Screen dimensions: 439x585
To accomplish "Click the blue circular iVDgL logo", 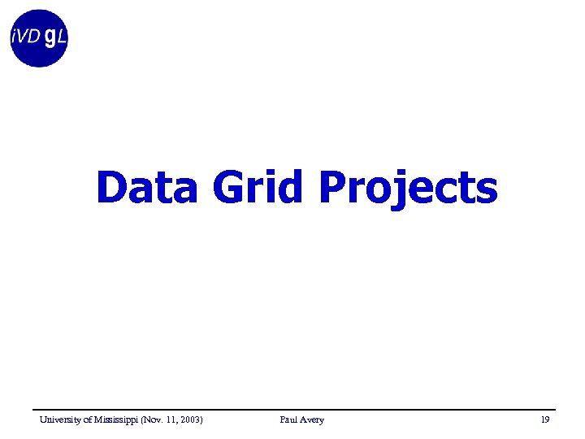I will [x=39, y=38].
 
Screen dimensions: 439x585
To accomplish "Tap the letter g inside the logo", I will [x=50, y=38].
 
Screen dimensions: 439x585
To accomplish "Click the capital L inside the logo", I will [x=61, y=37].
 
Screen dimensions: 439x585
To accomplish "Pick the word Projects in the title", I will [x=408, y=189].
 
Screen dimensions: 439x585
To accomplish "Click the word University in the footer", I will [x=59, y=419].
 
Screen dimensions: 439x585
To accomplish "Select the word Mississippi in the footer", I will [x=116, y=419].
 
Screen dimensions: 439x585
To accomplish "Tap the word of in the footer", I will [x=88, y=419].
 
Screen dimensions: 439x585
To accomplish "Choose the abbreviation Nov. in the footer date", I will [x=154, y=419].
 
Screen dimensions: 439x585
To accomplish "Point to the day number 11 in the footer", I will [x=171, y=419].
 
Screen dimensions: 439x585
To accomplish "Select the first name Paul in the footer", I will [x=288, y=419].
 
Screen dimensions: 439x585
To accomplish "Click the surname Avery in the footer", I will [x=312, y=419].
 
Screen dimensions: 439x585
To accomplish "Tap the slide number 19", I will [x=544, y=419].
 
